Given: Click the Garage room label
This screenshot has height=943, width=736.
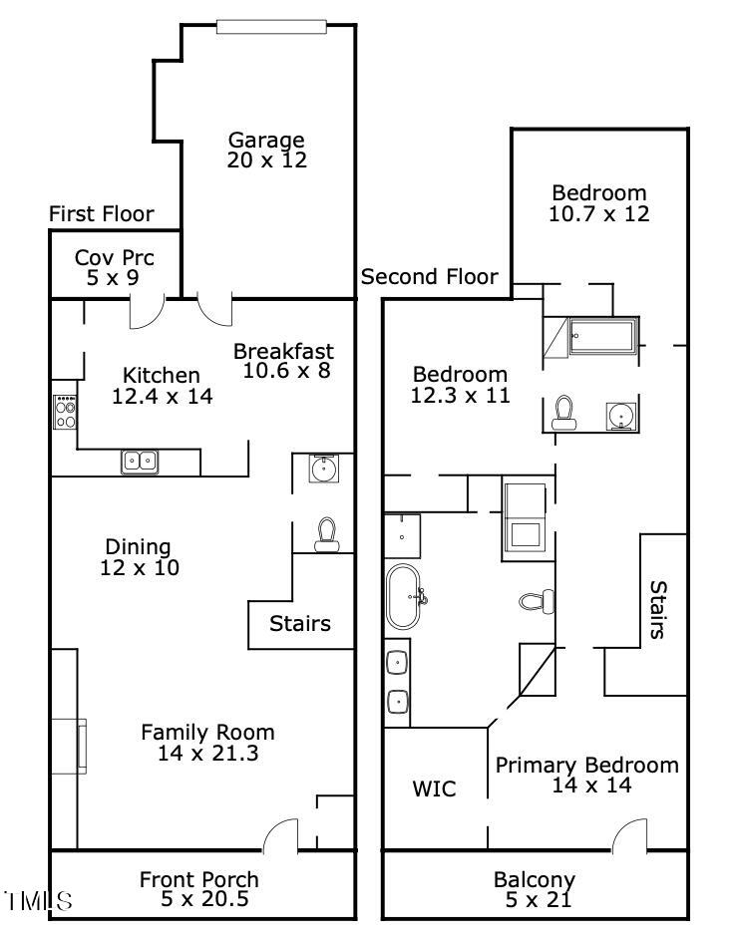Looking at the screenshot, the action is pos(266,141).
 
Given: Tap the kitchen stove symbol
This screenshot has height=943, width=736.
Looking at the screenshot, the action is pos(65,412).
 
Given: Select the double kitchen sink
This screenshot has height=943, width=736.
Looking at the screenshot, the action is pos(140,462).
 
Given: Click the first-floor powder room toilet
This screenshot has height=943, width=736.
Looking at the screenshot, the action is pos(327,534).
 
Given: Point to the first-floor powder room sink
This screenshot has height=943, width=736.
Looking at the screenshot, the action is pos(324,469).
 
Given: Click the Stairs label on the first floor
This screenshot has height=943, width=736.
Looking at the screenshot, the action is pos(300,624).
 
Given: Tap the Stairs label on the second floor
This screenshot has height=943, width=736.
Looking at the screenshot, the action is pos(658,609).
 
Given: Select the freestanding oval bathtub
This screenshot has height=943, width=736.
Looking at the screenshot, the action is pos(403,596).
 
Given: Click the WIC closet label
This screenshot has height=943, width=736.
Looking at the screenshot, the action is pos(434,788).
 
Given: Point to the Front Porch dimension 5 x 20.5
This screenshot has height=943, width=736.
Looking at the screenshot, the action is pos(204,899).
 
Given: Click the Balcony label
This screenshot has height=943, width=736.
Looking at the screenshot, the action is pos(535,880).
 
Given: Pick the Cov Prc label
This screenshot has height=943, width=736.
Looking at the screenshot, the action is pos(115,258).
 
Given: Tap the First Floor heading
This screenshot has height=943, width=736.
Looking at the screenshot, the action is pos(101,214).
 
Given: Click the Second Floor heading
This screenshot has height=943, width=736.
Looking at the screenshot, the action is pos(430,277).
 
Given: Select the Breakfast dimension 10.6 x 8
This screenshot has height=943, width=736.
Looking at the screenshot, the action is pos(286,371).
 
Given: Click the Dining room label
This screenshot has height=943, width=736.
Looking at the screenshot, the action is pos(139,547).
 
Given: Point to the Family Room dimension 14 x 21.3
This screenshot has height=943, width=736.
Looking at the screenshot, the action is pos(208,753).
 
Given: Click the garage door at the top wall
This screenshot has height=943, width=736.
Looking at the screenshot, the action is pos(271,27).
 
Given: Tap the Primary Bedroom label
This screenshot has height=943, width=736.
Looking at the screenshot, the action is pos(586,766).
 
